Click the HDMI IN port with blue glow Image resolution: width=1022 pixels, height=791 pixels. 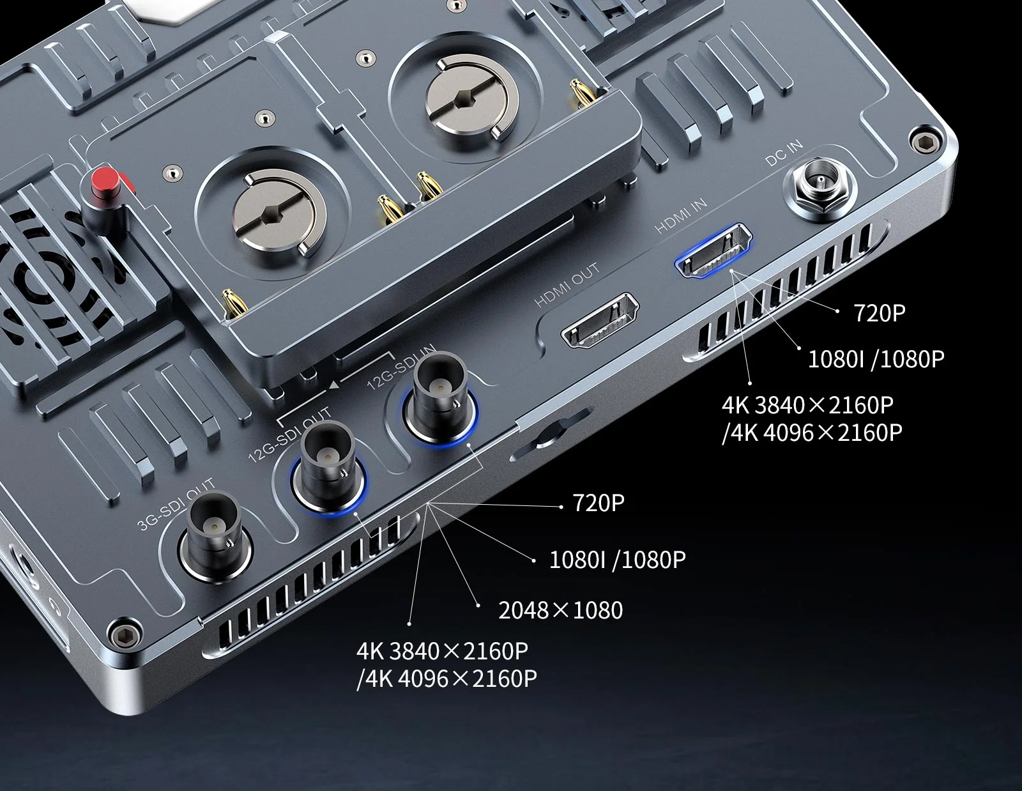(713, 250)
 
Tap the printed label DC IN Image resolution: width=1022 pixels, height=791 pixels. (784, 153)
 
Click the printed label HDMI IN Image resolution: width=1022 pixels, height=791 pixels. (682, 215)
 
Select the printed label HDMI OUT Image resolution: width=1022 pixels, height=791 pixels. (567, 285)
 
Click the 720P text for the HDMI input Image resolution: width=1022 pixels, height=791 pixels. (879, 313)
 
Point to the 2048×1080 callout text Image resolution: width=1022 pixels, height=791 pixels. (560, 610)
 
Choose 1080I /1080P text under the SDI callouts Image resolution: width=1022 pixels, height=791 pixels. (617, 560)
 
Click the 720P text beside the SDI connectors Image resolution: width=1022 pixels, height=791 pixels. (599, 503)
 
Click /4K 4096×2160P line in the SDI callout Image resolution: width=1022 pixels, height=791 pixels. (446, 679)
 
